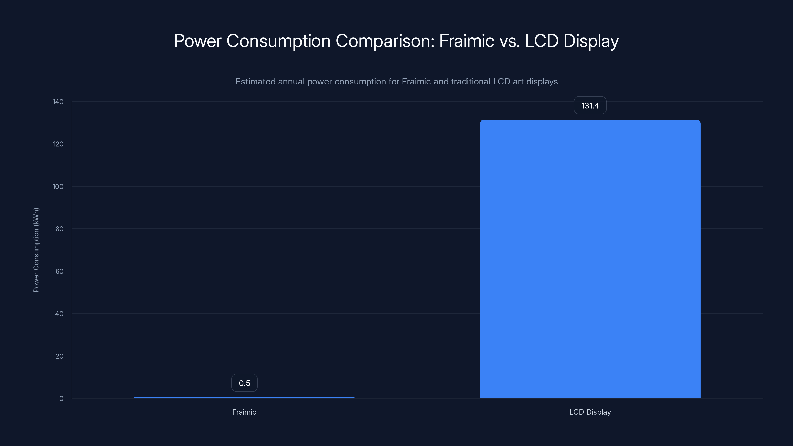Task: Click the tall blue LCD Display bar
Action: point(590,258)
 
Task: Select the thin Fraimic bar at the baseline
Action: point(244,398)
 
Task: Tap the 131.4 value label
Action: point(590,106)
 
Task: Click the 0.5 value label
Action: point(244,383)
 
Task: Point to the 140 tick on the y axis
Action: point(58,102)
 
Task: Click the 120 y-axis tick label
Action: point(58,144)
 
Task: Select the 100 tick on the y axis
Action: point(58,187)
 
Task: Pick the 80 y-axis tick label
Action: point(59,229)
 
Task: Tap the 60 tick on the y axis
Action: point(59,271)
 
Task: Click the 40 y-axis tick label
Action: point(59,314)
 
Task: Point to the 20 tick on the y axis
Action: point(59,356)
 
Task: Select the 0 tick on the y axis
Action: point(61,399)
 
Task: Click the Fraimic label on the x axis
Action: point(244,412)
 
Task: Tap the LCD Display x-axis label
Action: point(590,412)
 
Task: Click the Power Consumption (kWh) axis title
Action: point(36,250)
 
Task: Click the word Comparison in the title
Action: point(385,41)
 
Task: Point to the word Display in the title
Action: point(591,41)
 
